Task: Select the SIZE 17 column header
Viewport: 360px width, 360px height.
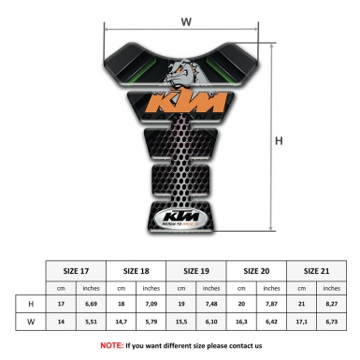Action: click(x=77, y=269)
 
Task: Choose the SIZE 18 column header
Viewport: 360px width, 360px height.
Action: click(x=137, y=269)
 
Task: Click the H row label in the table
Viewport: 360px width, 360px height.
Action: click(x=33, y=304)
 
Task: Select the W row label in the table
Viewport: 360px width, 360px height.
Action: click(x=33, y=323)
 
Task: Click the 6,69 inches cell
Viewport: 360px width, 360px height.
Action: click(x=92, y=304)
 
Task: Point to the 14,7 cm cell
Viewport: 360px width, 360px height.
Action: click(x=122, y=323)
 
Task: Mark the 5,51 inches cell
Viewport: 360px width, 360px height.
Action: click(x=92, y=323)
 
